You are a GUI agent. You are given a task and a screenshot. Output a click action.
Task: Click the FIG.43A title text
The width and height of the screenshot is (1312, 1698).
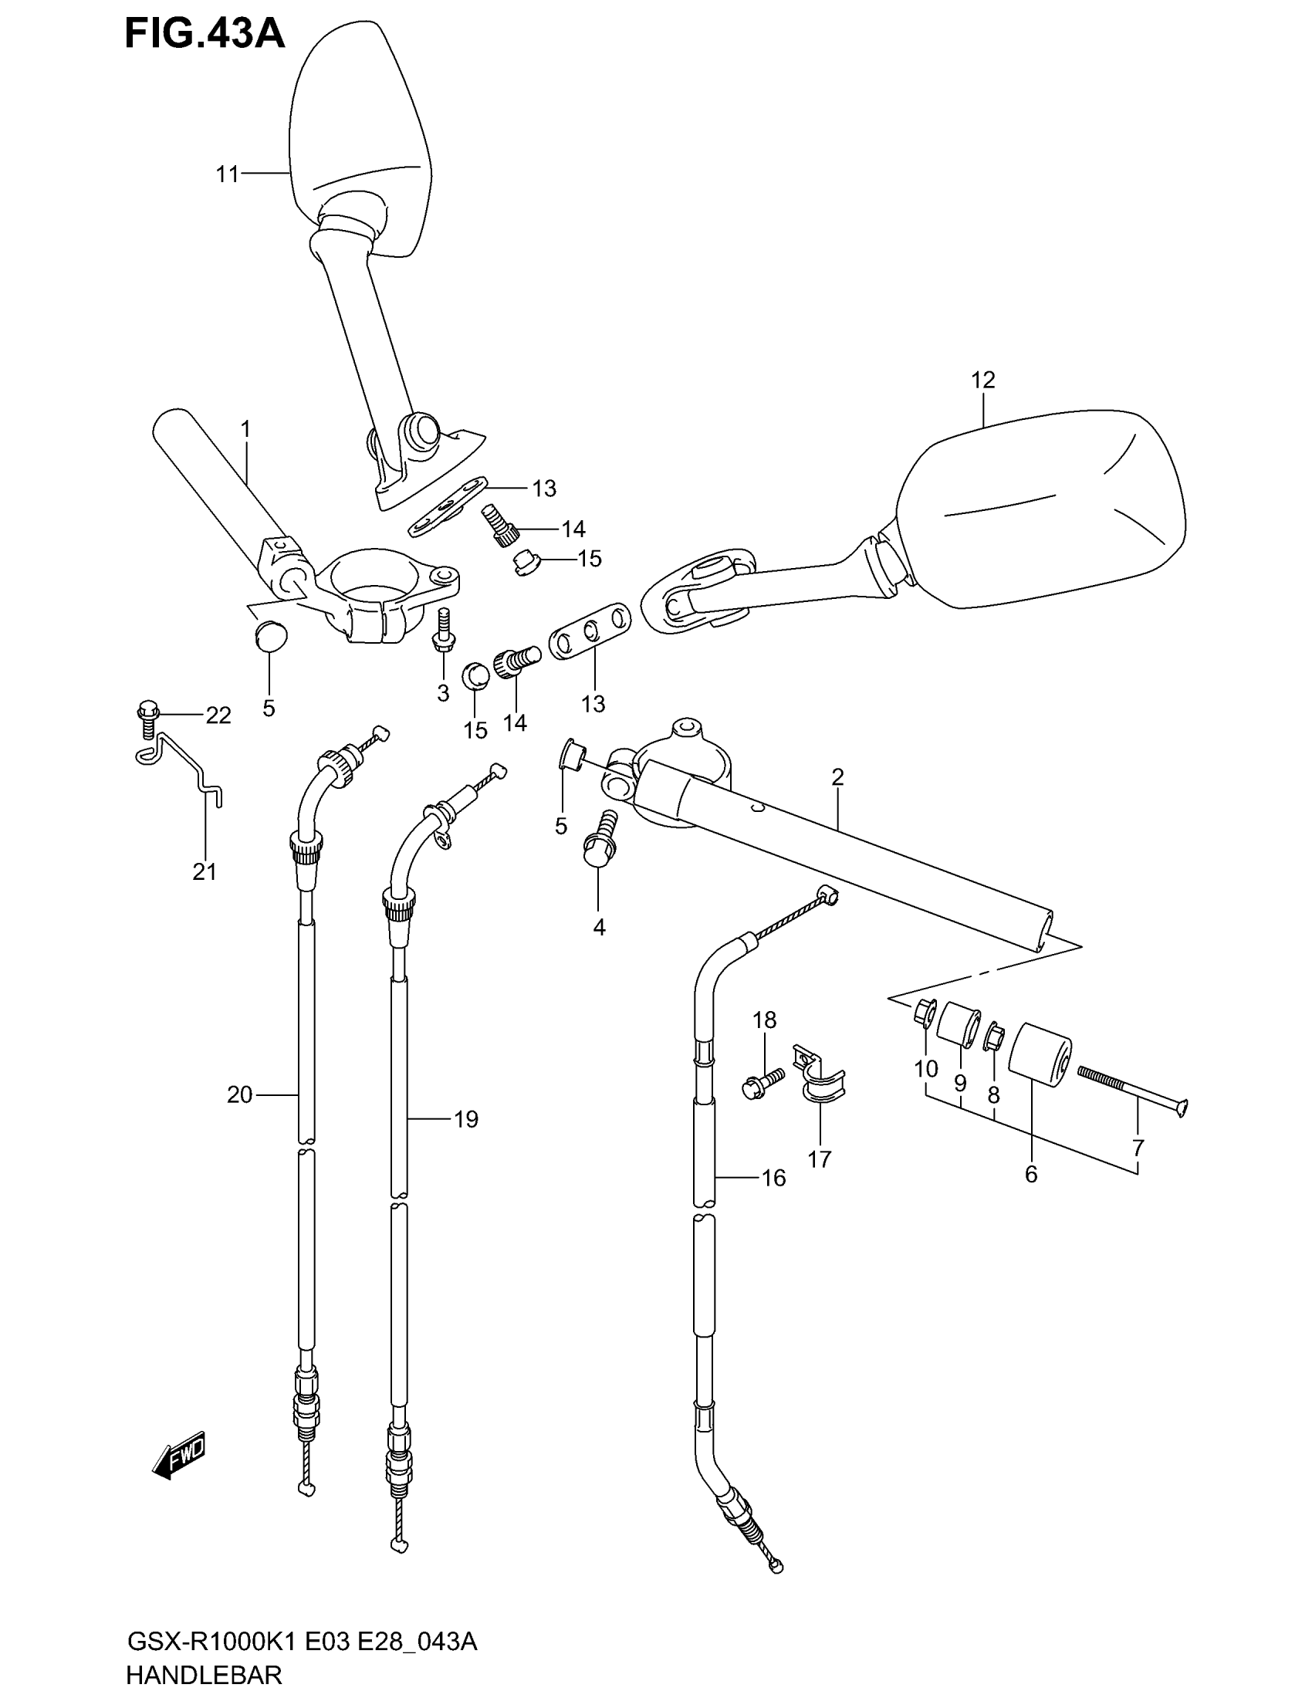pyautogui.click(x=205, y=34)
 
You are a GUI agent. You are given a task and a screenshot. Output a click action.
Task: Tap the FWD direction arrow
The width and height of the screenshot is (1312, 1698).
pyautogui.click(x=179, y=1453)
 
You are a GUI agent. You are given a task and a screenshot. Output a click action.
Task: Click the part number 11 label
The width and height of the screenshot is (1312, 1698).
pyautogui.click(x=227, y=174)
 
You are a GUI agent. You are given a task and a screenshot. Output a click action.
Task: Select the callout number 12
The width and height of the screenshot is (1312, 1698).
pyautogui.click(x=982, y=381)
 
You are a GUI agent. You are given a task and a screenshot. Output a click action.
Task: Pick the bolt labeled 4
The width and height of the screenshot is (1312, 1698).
pyautogui.click(x=600, y=841)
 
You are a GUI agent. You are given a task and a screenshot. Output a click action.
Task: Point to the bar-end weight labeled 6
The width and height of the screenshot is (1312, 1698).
pyautogui.click(x=1040, y=1056)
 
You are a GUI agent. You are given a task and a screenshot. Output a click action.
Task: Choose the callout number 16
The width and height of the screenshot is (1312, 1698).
pyautogui.click(x=773, y=1178)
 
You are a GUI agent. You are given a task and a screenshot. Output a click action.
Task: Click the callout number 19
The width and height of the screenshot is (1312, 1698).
pyautogui.click(x=465, y=1120)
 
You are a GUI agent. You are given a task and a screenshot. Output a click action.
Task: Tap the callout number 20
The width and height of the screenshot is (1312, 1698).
pyautogui.click(x=240, y=1094)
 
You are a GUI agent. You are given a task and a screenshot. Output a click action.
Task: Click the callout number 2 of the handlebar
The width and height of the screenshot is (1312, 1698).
pyautogui.click(x=837, y=776)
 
